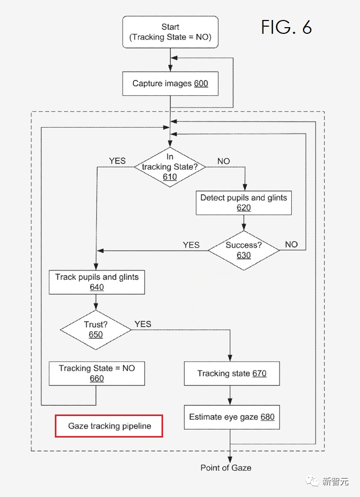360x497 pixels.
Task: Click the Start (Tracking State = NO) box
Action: pyautogui.click(x=170, y=32)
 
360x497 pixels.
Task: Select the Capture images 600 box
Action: pyautogui.click(x=170, y=84)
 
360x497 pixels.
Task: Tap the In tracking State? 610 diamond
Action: pyautogui.click(x=170, y=167)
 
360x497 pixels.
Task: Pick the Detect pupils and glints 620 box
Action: pyautogui.click(x=244, y=202)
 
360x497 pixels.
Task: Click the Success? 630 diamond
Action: pyautogui.click(x=244, y=250)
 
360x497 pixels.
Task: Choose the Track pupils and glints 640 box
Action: pyautogui.click(x=97, y=282)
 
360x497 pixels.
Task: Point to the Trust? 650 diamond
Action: pyautogui.click(x=95, y=329)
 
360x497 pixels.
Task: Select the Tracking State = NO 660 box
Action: pyautogui.click(x=97, y=373)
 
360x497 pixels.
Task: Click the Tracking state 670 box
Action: pyautogui.click(x=232, y=374)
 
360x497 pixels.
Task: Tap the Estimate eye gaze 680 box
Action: pyautogui.click(x=232, y=417)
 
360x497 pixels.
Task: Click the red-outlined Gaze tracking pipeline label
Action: pyautogui.click(x=109, y=426)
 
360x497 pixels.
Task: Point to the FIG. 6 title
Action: pyautogui.click(x=286, y=27)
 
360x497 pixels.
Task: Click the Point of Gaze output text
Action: pyautogui.click(x=226, y=468)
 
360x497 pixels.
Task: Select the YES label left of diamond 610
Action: pyautogui.click(x=117, y=161)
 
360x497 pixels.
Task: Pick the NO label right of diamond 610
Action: pyautogui.click(x=224, y=161)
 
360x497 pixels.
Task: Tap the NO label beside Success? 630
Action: pyautogui.click(x=291, y=244)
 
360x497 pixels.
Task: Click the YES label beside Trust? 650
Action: pyautogui.click(x=143, y=324)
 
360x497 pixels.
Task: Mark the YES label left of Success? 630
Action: pyautogui.click(x=191, y=245)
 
